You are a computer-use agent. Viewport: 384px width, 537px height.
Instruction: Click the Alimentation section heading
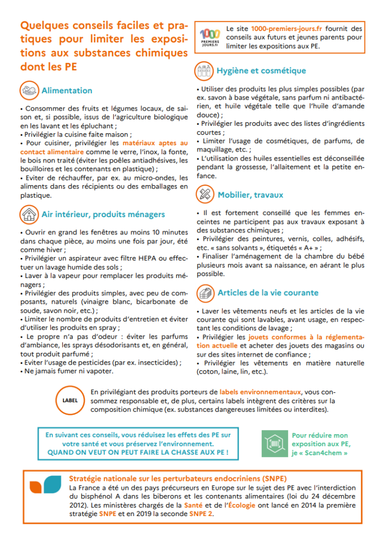coord(67,90)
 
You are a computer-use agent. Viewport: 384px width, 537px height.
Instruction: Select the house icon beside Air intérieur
coord(29,214)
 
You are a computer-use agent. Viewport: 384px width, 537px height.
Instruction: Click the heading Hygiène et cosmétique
coord(261,71)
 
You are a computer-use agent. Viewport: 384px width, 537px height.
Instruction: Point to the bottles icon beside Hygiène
coord(205,70)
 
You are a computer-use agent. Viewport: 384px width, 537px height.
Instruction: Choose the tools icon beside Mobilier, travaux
coord(205,195)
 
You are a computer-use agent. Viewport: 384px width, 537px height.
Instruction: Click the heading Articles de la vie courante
coord(268,293)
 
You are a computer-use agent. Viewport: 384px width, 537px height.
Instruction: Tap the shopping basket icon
coord(205,293)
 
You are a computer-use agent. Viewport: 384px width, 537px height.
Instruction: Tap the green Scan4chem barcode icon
coord(274,444)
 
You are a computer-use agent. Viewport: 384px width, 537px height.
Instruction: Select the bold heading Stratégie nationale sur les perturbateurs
coord(177,479)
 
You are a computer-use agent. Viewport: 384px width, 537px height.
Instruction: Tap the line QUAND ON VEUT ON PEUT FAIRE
coord(137,452)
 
